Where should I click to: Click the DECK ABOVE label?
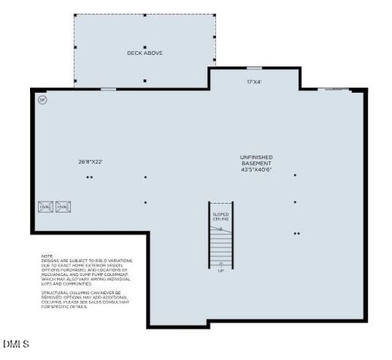pos(145,53)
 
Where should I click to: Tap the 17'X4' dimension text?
pos(255,82)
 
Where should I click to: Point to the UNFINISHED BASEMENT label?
pos(256,160)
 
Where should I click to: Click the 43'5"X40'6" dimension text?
pos(256,170)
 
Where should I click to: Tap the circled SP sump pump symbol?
pos(42,99)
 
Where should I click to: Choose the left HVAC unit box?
pos(45,206)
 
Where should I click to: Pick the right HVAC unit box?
pos(63,206)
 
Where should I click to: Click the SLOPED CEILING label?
pos(220,217)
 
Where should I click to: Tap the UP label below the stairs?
pos(220,271)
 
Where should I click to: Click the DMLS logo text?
pos(16,344)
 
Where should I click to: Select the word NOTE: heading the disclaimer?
pos(47,256)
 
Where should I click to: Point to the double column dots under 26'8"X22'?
pos(89,178)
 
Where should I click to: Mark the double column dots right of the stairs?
pos(296,233)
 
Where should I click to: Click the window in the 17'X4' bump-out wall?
pos(255,68)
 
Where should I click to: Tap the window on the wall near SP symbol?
pos(109,89)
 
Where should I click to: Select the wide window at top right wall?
pos(333,90)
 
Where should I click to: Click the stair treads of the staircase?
pos(220,244)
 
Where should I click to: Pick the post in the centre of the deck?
pos(145,46)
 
